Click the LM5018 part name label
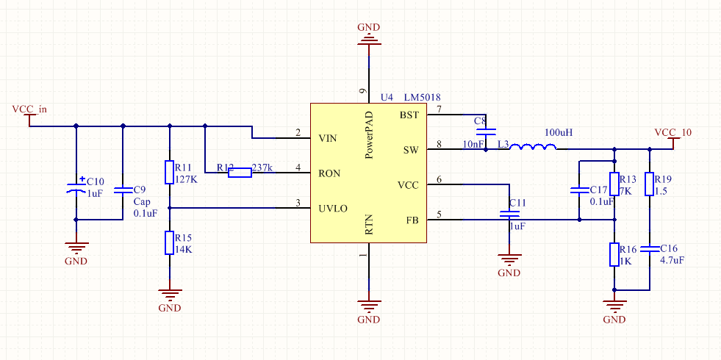[x=423, y=98]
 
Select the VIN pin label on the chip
[x=328, y=138]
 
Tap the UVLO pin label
[x=333, y=209]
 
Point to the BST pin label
[x=409, y=115]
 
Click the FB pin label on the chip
[x=412, y=220]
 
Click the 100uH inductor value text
[x=559, y=133]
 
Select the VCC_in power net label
[x=29, y=109]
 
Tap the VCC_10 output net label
[x=672, y=132]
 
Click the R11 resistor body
[x=169, y=172]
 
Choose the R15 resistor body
[x=169, y=242]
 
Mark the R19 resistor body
[x=649, y=184]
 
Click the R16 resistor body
[x=614, y=254]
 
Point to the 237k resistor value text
[x=262, y=168]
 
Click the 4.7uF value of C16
[x=672, y=260]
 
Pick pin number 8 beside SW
[x=440, y=145]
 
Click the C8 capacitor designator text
[x=480, y=120]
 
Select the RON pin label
[x=329, y=174]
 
